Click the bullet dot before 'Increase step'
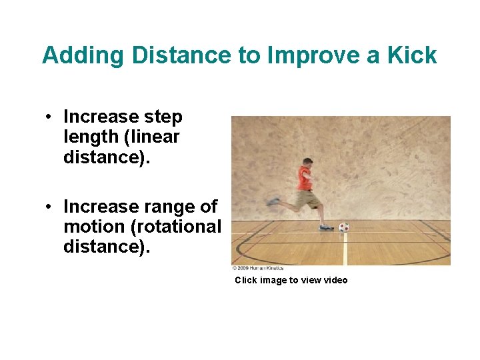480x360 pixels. pyautogui.click(x=49, y=118)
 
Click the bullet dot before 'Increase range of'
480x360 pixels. pyautogui.click(x=49, y=207)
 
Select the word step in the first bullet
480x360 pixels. pyautogui.click(x=163, y=117)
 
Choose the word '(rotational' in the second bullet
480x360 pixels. pyautogui.click(x=177, y=227)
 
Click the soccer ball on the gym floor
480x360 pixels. pyautogui.click(x=344, y=227)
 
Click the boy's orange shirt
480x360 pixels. pyautogui.click(x=304, y=179)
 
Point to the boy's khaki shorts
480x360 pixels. pyautogui.click(x=309, y=199)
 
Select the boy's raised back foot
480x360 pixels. pyautogui.click(x=273, y=201)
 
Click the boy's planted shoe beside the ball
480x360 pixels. pyautogui.click(x=326, y=227)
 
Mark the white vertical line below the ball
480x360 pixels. pyautogui.click(x=345, y=250)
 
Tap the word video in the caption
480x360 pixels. pyautogui.click(x=335, y=280)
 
